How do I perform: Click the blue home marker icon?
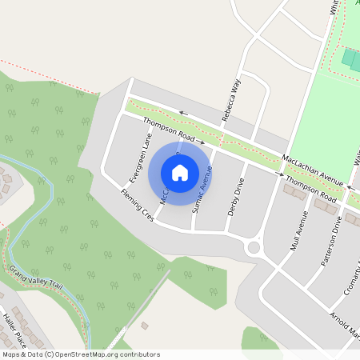180,172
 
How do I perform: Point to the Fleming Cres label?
137,206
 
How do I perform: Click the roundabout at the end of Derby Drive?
255,247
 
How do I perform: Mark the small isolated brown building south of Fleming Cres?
144,326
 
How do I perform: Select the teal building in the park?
351,58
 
